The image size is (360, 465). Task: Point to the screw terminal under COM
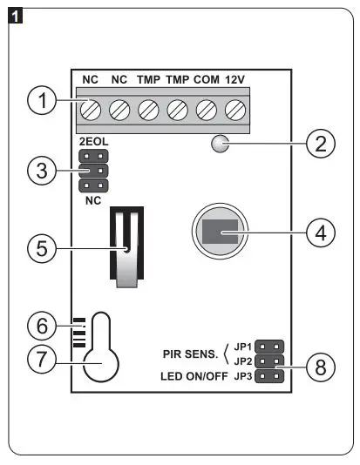click(207, 111)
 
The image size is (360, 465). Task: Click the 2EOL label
click(92, 140)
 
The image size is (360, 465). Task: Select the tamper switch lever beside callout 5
click(126, 248)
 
